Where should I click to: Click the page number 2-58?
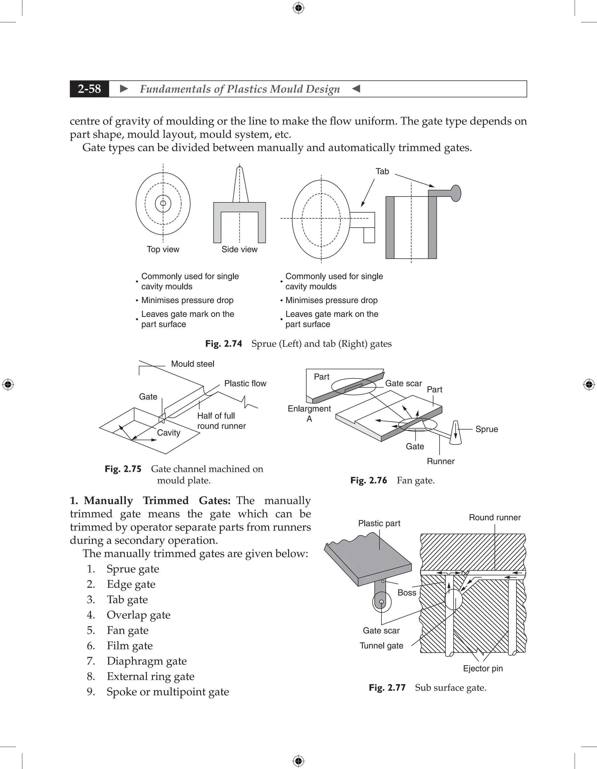click(89, 89)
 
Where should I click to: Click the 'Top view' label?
click(163, 249)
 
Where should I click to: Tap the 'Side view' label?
click(239, 249)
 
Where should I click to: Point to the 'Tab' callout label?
click(382, 172)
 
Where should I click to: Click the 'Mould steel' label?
click(192, 364)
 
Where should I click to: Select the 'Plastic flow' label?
click(245, 383)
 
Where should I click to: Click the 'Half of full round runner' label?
click(221, 421)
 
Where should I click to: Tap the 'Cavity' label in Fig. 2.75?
click(168, 433)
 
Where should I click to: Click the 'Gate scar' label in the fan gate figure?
click(403, 383)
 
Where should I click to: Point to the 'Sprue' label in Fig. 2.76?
click(487, 429)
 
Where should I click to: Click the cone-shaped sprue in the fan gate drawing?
click(456, 433)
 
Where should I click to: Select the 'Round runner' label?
click(495, 518)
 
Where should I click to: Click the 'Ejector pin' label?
click(483, 669)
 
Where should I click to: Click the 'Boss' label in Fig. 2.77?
click(407, 593)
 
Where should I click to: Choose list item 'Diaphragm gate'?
click(147, 661)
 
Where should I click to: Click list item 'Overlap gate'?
click(138, 615)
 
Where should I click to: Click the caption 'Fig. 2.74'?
click(224, 344)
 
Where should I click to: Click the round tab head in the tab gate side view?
click(456, 193)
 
